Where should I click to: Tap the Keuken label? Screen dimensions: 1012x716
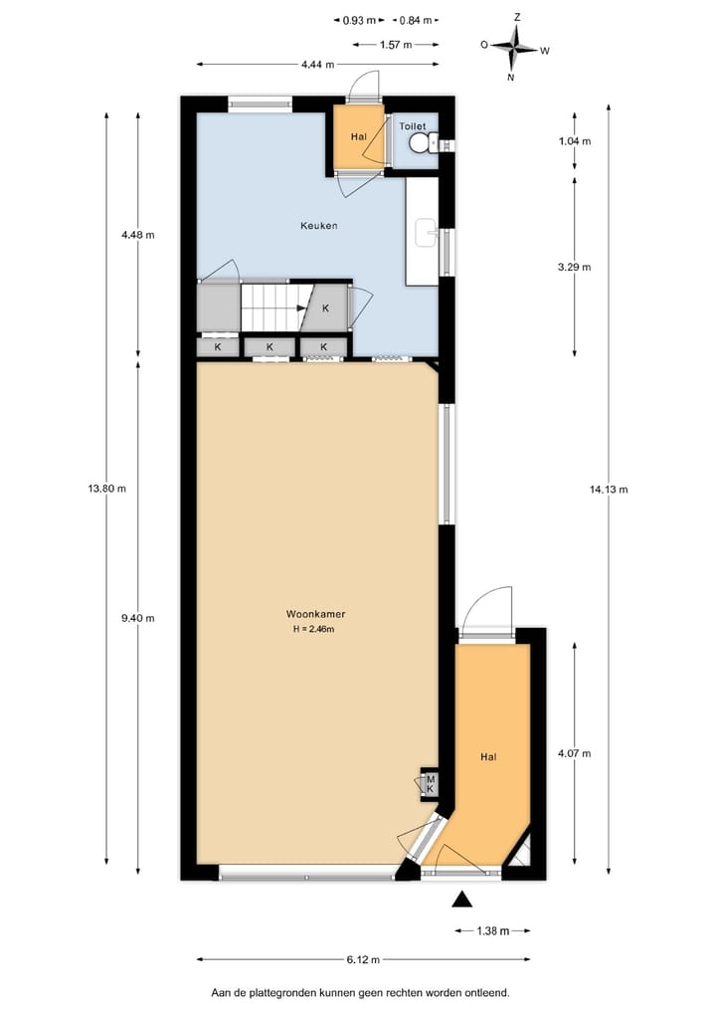(319, 226)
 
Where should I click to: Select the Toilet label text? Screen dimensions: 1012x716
(413, 127)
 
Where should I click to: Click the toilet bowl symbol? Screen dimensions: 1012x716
(423, 145)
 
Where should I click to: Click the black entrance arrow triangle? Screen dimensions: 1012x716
(461, 900)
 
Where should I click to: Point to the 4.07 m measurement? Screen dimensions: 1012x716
(575, 753)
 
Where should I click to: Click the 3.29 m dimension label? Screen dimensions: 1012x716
(575, 267)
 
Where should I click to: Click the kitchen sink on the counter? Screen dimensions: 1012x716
(427, 233)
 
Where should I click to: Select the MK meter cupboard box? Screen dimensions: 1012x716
(431, 783)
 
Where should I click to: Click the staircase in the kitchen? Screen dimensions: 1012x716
(271, 307)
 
